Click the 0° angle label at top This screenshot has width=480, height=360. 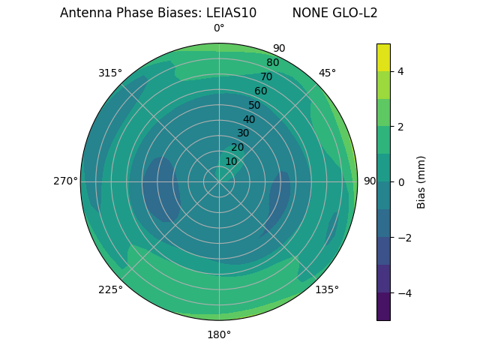[x=219, y=28]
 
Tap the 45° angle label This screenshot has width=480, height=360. [x=327, y=73]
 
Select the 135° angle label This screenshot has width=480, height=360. [x=327, y=289]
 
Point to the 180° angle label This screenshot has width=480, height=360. [x=219, y=334]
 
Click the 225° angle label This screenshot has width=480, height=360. [x=110, y=289]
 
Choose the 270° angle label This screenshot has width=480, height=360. [x=65, y=181]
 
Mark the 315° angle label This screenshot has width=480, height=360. [x=110, y=73]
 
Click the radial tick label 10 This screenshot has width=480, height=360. [x=231, y=161]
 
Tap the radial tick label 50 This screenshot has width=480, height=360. [x=254, y=105]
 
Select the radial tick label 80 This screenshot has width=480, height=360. [x=272, y=62]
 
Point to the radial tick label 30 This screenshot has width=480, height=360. [x=243, y=133]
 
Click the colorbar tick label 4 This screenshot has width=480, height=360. [x=401, y=71]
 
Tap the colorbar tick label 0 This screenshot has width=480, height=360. [x=401, y=182]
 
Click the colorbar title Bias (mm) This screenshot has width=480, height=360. [x=421, y=182]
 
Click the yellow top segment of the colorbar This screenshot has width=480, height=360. [x=383, y=57]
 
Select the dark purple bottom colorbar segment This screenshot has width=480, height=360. [x=383, y=307]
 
